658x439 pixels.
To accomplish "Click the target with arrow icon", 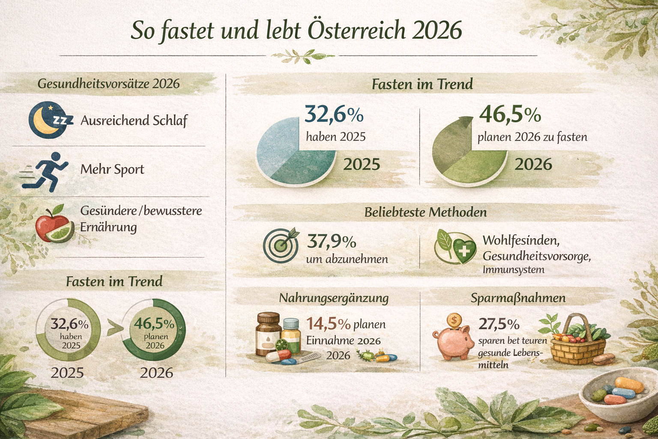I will (281, 245).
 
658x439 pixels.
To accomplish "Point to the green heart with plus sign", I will (464, 250).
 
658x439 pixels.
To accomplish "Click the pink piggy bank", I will (455, 343).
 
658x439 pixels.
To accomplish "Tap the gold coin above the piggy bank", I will (454, 319).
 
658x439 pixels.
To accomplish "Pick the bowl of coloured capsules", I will (617, 392).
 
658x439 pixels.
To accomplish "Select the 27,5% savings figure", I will (499, 324).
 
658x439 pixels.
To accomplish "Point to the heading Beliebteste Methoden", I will (425, 212).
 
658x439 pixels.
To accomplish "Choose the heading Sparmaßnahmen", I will (518, 298).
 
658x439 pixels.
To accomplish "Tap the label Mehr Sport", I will (112, 169).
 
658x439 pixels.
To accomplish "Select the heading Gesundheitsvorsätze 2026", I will (108, 83).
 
